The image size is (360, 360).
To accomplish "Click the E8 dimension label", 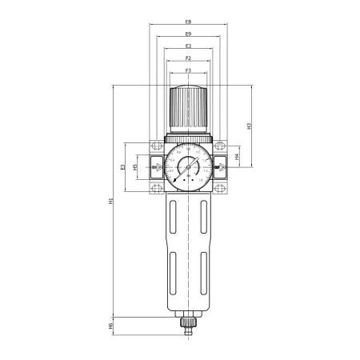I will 187,22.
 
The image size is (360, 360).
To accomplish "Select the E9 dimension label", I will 187,34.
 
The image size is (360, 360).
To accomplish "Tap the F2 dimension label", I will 187,58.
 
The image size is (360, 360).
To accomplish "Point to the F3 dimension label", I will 187,71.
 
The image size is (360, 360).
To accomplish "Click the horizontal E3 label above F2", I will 187,46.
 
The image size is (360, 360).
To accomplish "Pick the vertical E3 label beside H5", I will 122,167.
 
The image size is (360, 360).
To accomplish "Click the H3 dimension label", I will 250,126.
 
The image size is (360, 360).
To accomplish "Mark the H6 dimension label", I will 112,326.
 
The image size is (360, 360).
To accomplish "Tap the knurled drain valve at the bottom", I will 188,325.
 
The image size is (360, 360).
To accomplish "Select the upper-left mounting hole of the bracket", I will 154,146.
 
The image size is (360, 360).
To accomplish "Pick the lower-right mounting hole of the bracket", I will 222,190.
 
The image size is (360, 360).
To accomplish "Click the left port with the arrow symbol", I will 154,168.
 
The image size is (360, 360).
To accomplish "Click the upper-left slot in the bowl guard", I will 174,220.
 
